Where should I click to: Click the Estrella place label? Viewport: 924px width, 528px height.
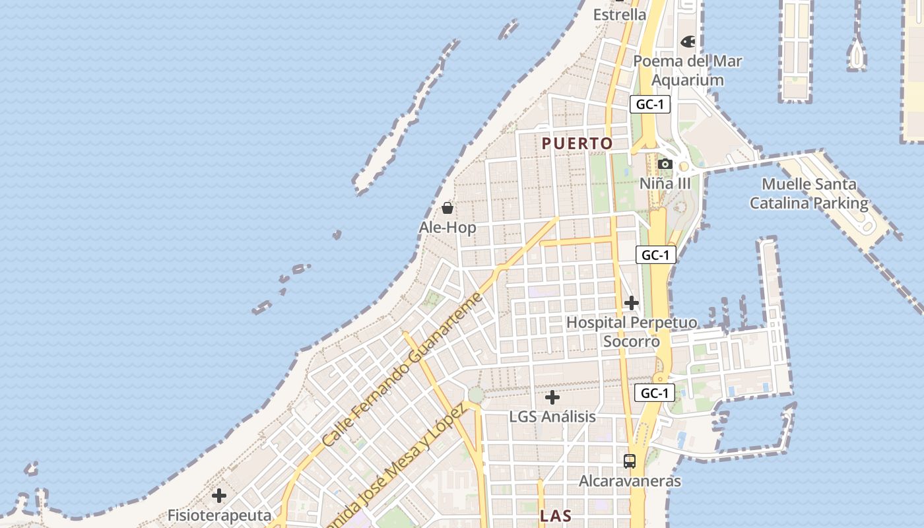pyautogui.click(x=620, y=15)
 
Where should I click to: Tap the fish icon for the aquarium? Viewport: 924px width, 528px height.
pyautogui.click(x=688, y=42)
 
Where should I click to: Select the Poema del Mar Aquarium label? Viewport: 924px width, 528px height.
pyautogui.click(x=688, y=71)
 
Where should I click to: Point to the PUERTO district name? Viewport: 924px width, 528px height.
pyautogui.click(x=577, y=143)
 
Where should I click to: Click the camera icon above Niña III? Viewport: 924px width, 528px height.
pyautogui.click(x=665, y=164)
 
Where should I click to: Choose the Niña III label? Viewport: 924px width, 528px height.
pyautogui.click(x=665, y=183)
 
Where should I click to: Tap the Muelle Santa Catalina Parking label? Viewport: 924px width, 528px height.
pyautogui.click(x=808, y=193)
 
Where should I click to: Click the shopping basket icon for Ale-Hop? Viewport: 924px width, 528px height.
pyautogui.click(x=447, y=208)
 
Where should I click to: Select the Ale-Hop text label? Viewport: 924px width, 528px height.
pyautogui.click(x=447, y=228)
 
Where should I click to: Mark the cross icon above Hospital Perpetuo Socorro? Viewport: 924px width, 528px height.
pyautogui.click(x=632, y=303)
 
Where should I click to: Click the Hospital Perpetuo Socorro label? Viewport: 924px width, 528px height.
pyautogui.click(x=632, y=332)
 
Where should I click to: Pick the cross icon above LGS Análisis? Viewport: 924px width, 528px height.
pyautogui.click(x=552, y=397)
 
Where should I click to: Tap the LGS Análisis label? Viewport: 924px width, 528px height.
pyautogui.click(x=552, y=417)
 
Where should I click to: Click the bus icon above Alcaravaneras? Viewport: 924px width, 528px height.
pyautogui.click(x=630, y=461)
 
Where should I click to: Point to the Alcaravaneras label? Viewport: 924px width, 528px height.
pyautogui.click(x=630, y=481)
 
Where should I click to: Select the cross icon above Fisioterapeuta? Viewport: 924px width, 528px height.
pyautogui.click(x=219, y=495)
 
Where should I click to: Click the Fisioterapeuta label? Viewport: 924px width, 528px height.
pyautogui.click(x=219, y=515)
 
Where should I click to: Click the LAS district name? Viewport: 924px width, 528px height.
pyautogui.click(x=555, y=516)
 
